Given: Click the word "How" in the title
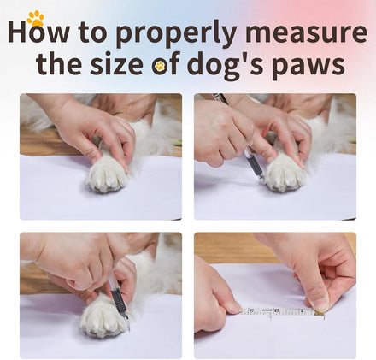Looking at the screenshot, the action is tap(38, 32).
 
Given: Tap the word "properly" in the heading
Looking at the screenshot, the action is tap(176, 33).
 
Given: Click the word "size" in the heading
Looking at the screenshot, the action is tap(116, 63).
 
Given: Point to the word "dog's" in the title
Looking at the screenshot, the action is tap(226, 65).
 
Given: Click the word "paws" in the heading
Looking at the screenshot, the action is tap(308, 67).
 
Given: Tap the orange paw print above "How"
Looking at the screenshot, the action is tap(36, 18).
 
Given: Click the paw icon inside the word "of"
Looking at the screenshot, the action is tap(160, 67).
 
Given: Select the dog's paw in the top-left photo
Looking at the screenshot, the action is tap(107, 174).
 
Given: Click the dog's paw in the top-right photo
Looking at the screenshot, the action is tap(285, 174).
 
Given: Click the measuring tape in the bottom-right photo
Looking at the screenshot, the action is tap(283, 311).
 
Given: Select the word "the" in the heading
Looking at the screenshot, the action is tap(59, 63).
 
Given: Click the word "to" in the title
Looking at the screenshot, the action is tap(93, 34).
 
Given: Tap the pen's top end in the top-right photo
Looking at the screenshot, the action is tap(216, 95).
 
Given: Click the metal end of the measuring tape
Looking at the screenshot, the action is tap(321, 314).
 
